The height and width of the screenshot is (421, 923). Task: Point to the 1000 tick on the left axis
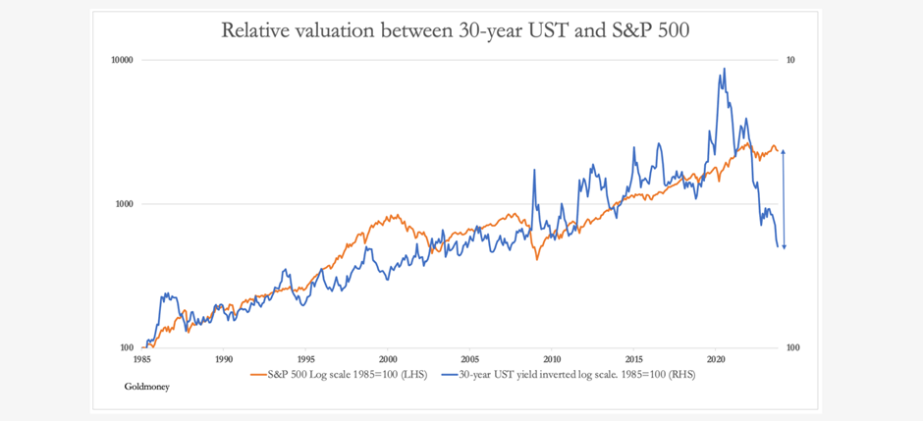(x=123, y=204)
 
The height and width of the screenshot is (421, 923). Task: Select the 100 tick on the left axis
(x=125, y=347)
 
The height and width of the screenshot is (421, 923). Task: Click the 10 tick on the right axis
(x=791, y=60)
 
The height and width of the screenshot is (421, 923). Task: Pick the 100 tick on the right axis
(x=793, y=347)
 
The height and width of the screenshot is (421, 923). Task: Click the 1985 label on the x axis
(x=142, y=359)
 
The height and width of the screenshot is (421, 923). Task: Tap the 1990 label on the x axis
(x=224, y=359)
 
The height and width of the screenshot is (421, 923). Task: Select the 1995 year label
(x=305, y=359)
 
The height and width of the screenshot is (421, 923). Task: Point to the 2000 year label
(x=388, y=359)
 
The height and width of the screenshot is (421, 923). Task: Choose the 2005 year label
(x=469, y=359)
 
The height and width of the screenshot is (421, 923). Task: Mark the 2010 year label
(x=552, y=359)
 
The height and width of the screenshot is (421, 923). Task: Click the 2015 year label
(x=633, y=359)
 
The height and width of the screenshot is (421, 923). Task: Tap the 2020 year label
(x=716, y=359)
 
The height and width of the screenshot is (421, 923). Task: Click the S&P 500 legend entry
(x=344, y=373)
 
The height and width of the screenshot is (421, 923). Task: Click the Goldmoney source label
(x=147, y=387)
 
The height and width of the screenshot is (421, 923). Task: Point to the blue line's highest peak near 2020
(x=724, y=69)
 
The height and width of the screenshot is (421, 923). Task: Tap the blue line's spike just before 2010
(x=535, y=170)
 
